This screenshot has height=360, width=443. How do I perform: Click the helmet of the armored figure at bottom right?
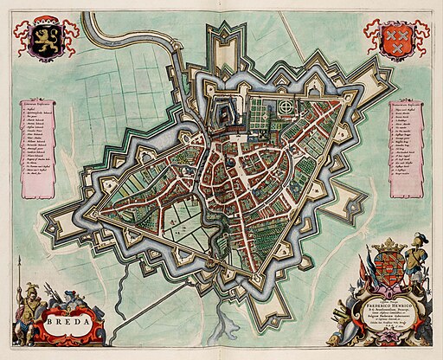pyautogui.click(x=420, y=239)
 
